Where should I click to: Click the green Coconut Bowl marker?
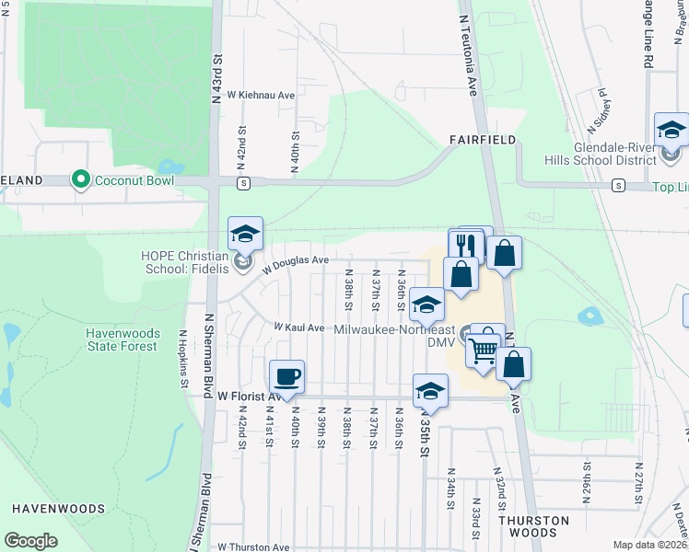coord(81,179)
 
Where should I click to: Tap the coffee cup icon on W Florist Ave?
coord(286,375)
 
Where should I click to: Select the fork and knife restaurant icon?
coord(465,246)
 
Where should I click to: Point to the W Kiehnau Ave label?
coord(261,95)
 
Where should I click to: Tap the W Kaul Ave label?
coord(298,328)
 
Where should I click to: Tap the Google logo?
coord(30,541)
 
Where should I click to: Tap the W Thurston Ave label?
coord(254,546)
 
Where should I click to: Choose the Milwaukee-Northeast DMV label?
coord(396,335)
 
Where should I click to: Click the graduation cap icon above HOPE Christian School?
coord(246,234)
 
